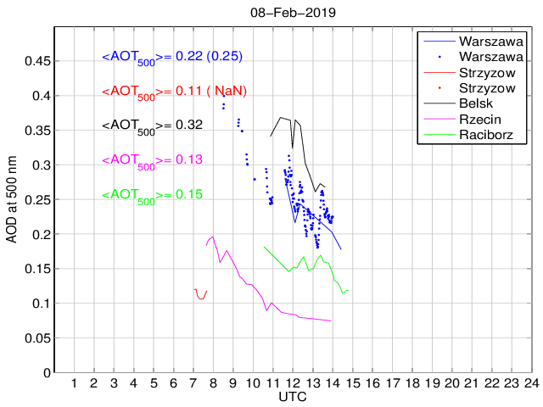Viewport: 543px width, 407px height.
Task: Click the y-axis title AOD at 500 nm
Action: click(12, 199)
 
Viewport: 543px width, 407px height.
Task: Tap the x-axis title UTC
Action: click(292, 397)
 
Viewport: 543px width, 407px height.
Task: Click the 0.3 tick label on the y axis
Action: click(41, 164)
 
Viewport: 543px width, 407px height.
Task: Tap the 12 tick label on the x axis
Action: click(293, 384)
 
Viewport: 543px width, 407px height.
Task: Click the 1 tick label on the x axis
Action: click(74, 384)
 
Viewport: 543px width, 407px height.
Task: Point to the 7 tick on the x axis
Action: click(193, 384)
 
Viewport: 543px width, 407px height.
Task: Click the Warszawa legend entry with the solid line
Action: click(490, 40)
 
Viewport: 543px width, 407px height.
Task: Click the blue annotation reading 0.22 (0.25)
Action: click(172, 57)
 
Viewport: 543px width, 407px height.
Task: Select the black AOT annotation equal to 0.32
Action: click(154, 126)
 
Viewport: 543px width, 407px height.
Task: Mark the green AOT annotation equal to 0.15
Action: click(152, 195)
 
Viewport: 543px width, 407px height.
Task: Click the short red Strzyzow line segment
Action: click(200, 295)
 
